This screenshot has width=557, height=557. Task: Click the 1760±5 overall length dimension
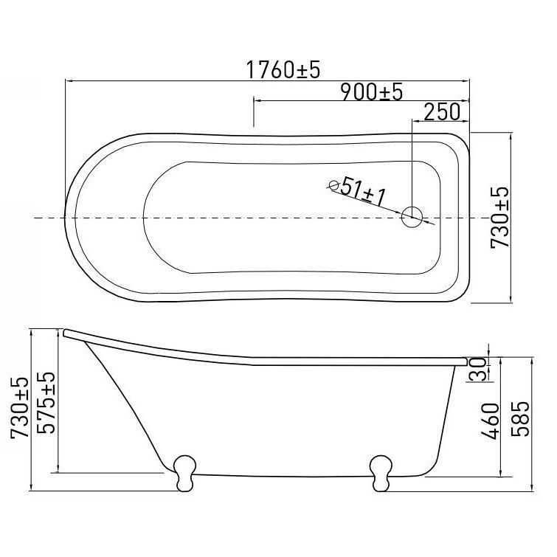click(283, 69)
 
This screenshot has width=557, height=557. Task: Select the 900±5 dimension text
click(372, 92)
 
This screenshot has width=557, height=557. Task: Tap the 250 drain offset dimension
click(442, 112)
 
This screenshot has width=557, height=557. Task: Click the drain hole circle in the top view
click(412, 217)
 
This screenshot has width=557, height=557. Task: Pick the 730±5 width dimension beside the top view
click(499, 218)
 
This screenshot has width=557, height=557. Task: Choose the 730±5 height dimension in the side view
click(19, 408)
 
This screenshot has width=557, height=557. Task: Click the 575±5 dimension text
click(46, 403)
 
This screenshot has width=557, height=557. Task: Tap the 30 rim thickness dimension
click(477, 370)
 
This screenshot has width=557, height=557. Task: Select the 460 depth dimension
click(490, 421)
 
